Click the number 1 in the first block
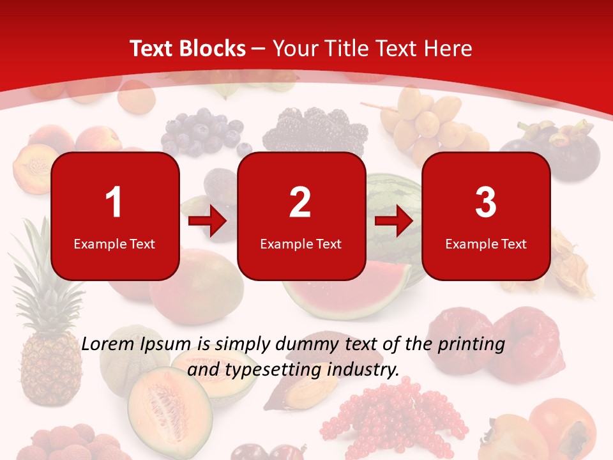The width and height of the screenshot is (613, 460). pos(114,203)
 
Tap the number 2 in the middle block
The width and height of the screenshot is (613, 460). pos(300,203)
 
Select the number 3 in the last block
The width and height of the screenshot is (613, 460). pos(486,203)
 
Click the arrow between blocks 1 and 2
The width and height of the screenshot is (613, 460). pos(208,222)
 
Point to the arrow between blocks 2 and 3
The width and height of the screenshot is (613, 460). pos(393,222)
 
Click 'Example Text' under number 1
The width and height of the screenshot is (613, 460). pos(114,243)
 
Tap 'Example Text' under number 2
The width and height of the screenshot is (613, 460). pos(301,243)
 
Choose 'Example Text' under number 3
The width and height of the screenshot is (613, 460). pos(486,243)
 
